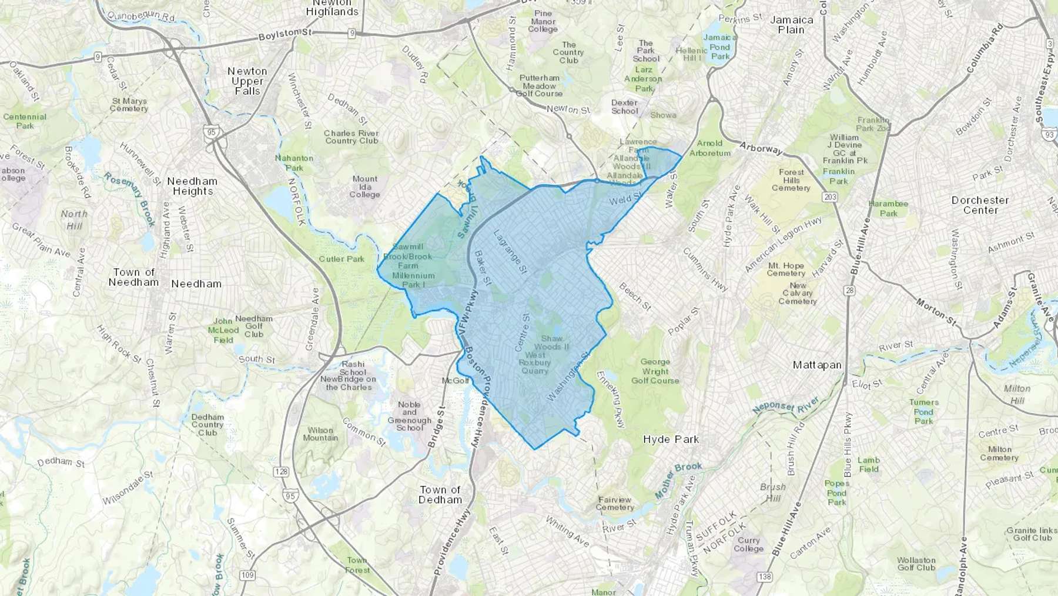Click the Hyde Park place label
(x=671, y=439)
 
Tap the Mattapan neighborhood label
(x=817, y=365)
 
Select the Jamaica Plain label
(x=791, y=25)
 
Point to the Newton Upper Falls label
(x=247, y=81)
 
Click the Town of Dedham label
(x=440, y=495)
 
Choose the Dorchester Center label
(x=980, y=205)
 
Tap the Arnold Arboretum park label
(x=709, y=148)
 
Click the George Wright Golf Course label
(x=655, y=371)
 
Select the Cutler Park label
(x=341, y=259)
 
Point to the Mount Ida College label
(x=365, y=187)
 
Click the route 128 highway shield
(x=282, y=471)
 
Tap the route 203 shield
(x=830, y=197)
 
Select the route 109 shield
(x=247, y=575)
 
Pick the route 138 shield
(x=764, y=577)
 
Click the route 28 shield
(x=849, y=291)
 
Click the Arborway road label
(x=761, y=148)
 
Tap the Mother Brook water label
(x=678, y=480)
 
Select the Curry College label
(x=748, y=544)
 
